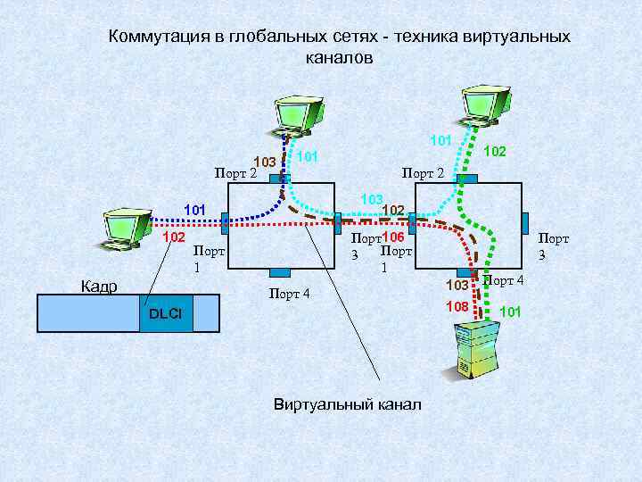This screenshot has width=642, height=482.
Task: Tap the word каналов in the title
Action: click(x=338, y=56)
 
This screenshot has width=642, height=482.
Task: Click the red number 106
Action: click(x=393, y=237)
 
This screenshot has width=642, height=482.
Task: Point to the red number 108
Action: click(x=457, y=307)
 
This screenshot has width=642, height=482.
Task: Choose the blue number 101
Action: click(x=194, y=210)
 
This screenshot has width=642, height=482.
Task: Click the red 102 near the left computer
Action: click(x=173, y=237)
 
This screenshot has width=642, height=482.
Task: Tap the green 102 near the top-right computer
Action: click(x=495, y=153)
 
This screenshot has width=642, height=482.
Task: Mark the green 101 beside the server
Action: click(x=511, y=312)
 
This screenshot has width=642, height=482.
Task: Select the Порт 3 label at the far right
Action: click(x=553, y=246)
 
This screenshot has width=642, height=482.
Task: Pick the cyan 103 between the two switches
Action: click(x=372, y=197)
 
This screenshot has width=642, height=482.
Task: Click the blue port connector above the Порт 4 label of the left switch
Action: click(x=281, y=271)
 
